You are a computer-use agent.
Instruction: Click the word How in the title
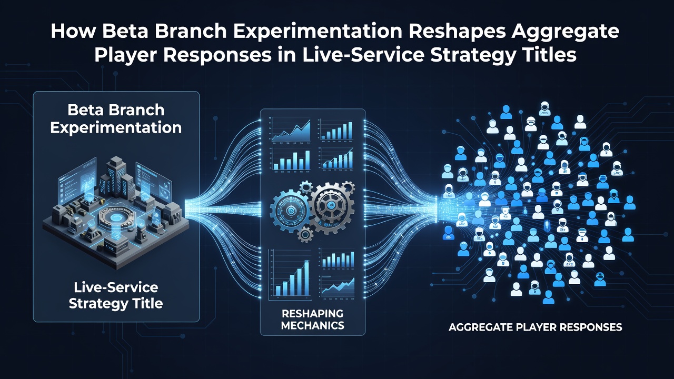click(73, 31)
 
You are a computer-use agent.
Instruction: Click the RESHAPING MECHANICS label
click(313, 320)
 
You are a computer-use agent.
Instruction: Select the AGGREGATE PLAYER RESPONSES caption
click(536, 327)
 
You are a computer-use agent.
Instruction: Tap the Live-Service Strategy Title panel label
click(116, 295)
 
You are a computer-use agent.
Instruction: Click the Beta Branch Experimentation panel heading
click(116, 119)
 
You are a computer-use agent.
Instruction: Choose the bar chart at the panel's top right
click(336, 130)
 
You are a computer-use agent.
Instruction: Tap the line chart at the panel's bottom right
click(338, 287)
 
